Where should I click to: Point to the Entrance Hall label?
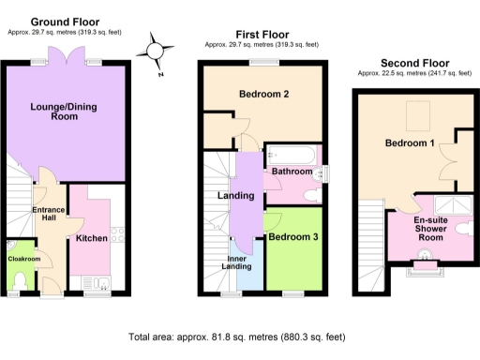click(x=47, y=213)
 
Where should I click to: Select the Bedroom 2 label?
click(x=262, y=95)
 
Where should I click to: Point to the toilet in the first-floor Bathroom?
click(x=312, y=195)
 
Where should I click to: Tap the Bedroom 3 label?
click(x=292, y=238)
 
